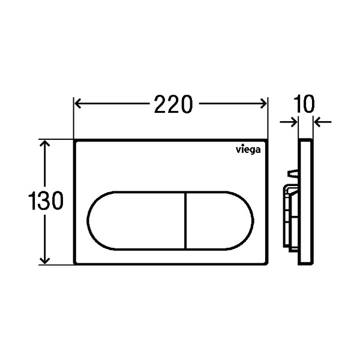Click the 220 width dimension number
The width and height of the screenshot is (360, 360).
click(173, 104)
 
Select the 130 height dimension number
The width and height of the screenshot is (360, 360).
click(46, 200)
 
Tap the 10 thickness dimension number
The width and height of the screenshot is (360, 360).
click(304, 104)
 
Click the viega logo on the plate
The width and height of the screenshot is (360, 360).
click(248, 150)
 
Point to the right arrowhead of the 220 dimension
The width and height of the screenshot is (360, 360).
click(263, 104)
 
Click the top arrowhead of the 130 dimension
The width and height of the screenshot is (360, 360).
click(45, 144)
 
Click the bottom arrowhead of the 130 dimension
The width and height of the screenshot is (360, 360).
click(45, 260)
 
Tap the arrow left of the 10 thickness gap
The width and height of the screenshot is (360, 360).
click(289, 122)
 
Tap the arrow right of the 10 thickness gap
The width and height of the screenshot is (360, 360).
click(323, 122)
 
